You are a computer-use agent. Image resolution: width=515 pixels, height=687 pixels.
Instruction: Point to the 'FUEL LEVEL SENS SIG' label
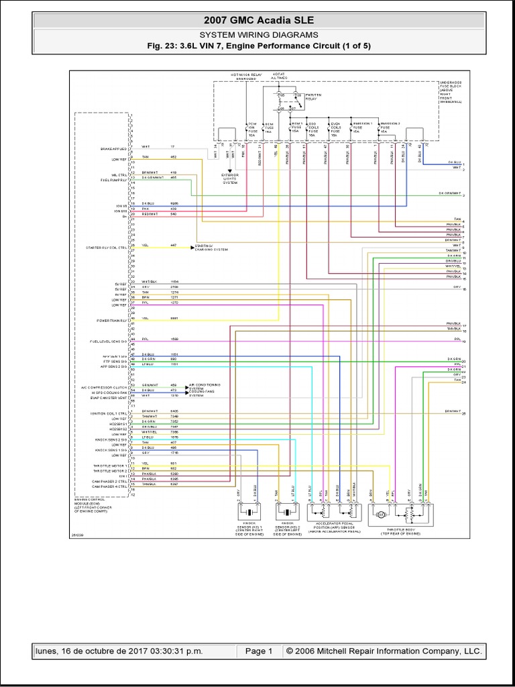[x=108, y=341]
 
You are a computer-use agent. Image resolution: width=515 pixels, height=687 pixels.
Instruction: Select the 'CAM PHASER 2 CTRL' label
[x=109, y=481]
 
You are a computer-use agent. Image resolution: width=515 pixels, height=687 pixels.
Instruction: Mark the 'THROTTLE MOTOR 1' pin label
[x=111, y=463]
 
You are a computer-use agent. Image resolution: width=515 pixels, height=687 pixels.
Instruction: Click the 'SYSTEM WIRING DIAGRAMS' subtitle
[x=257, y=34]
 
